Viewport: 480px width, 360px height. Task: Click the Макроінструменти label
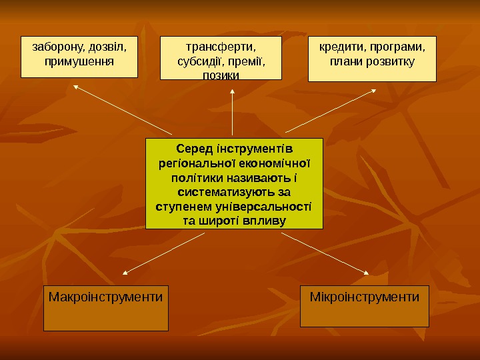(105, 295)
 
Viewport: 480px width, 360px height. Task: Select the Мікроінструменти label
(365, 295)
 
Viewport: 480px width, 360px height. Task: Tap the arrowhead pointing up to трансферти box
(233, 92)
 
